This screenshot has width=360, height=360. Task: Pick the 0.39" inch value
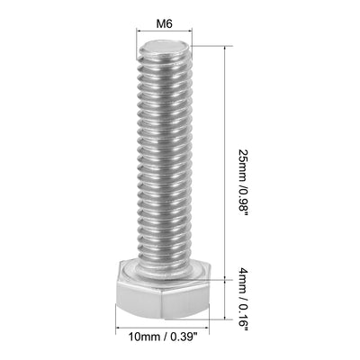[x=189, y=337]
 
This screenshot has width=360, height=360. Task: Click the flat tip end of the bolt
[x=163, y=44]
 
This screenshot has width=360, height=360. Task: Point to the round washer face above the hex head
[x=163, y=267]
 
